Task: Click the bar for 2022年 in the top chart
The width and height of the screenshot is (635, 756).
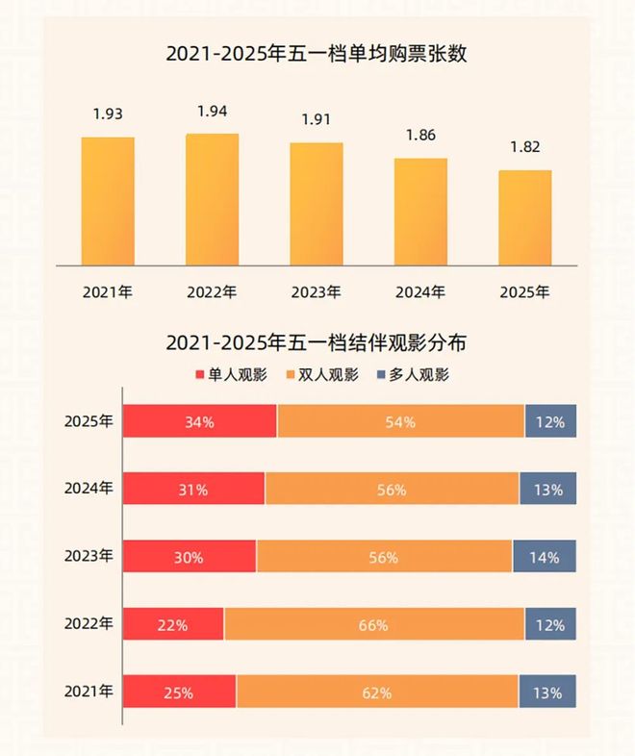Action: pos(212,200)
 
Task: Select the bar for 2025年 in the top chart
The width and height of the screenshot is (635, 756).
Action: pos(524,218)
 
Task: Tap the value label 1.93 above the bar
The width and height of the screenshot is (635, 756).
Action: pos(108,114)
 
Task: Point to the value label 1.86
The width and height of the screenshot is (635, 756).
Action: pos(420,136)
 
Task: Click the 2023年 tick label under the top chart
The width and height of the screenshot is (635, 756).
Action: pos(316,291)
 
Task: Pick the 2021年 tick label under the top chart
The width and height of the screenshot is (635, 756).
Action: pos(108,291)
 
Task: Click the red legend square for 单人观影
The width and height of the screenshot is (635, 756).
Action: pos(200,375)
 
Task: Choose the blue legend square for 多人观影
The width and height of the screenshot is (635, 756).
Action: pos(381,375)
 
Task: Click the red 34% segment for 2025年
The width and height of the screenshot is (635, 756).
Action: pos(200,422)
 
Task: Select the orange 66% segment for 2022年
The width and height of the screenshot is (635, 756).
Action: pos(374,625)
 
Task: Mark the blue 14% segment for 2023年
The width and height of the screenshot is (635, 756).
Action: pos(545,557)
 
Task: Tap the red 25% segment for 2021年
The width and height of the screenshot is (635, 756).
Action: pos(180,692)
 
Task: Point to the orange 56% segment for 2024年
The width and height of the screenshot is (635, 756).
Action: pos(392,490)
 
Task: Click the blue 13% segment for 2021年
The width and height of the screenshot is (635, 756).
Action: pos(547,692)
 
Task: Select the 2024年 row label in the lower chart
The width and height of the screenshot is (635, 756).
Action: pos(89,488)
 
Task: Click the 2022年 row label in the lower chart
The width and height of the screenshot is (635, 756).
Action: pos(89,623)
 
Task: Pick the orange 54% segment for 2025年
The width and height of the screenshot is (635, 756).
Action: pos(400,422)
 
